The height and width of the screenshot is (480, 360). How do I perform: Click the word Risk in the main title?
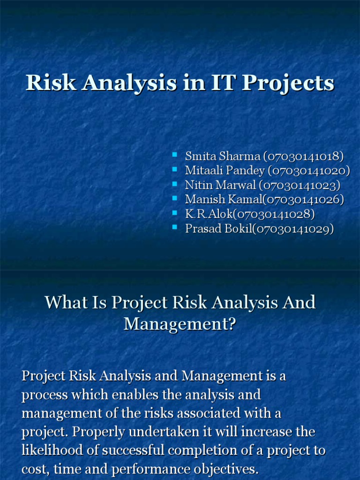coord(45,83)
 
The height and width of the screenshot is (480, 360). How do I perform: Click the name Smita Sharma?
coord(222,156)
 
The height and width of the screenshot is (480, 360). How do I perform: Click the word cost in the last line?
coord(34,469)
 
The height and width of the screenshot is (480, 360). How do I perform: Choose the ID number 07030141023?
coord(300,185)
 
